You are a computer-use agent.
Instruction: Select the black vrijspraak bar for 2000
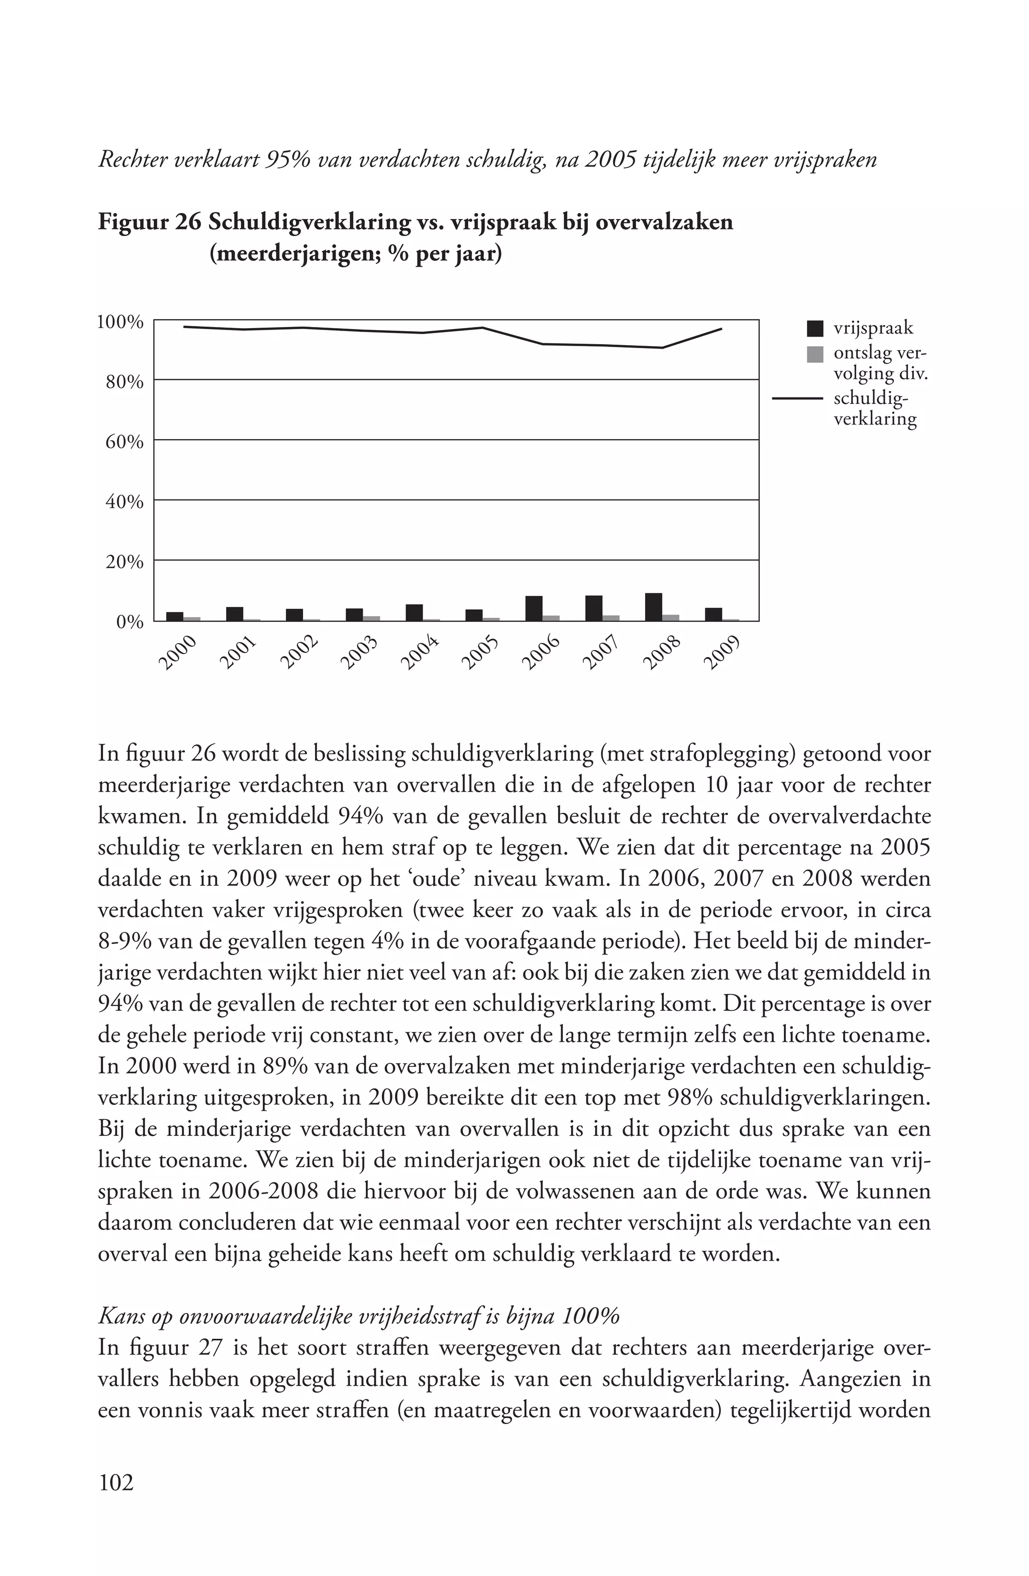tap(174, 616)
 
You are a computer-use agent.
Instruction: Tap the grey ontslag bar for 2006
tap(551, 618)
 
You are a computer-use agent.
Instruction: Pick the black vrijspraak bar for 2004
tap(414, 612)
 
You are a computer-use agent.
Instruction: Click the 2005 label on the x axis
tap(479, 653)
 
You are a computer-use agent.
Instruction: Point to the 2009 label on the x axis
tap(720, 653)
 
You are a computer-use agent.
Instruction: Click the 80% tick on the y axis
tap(125, 382)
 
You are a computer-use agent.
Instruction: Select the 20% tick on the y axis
tap(125, 562)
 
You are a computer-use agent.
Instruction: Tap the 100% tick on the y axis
tap(120, 323)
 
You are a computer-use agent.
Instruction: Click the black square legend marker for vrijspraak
tap(815, 328)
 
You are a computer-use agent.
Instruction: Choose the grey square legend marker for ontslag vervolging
tap(815, 354)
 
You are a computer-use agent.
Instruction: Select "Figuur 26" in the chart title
tap(149, 222)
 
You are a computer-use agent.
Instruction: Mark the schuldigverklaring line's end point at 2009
tap(721, 329)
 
